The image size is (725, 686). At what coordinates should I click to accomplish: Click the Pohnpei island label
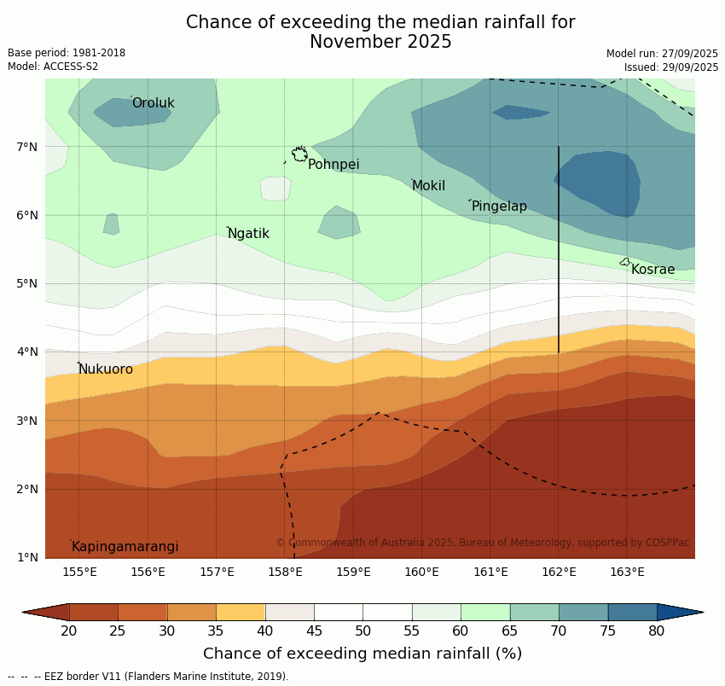333,165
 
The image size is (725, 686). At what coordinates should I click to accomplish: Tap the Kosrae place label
652,270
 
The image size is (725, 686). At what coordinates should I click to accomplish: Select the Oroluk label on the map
154,103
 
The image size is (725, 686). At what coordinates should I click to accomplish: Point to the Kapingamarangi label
125,547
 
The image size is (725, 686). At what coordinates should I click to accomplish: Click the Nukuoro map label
106,369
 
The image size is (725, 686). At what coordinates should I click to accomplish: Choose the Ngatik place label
248,234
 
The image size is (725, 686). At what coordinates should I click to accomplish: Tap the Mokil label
428,186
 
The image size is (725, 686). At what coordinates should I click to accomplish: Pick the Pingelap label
499,206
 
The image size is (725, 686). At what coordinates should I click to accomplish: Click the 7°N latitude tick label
27,147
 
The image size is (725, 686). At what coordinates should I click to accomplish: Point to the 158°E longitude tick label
285,572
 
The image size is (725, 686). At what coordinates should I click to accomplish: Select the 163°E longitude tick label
627,572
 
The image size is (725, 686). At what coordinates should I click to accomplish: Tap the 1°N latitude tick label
27,558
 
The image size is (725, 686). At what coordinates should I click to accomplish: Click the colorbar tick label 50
362,631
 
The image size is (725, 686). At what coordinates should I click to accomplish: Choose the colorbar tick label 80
657,631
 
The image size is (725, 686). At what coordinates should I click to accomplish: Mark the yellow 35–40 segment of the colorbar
241,612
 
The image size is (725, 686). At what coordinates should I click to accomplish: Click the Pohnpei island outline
299,154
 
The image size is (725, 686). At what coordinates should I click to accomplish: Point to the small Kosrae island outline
625,262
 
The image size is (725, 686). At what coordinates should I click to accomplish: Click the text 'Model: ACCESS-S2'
53,67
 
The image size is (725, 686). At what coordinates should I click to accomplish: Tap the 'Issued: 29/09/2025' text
671,67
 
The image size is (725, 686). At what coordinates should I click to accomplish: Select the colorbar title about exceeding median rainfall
362,654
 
